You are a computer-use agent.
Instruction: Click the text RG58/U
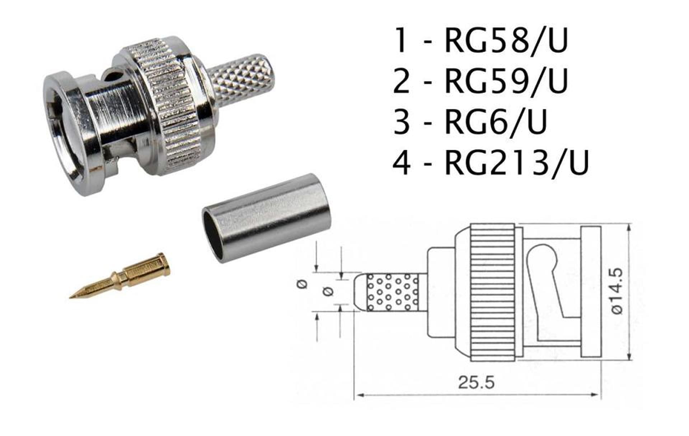pos(506,41)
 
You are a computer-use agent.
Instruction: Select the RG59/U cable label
pos(506,81)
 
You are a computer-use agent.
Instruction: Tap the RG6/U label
pos(496,122)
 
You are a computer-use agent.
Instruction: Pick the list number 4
pos(402,162)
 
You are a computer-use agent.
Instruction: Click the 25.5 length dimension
pos(476,382)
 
